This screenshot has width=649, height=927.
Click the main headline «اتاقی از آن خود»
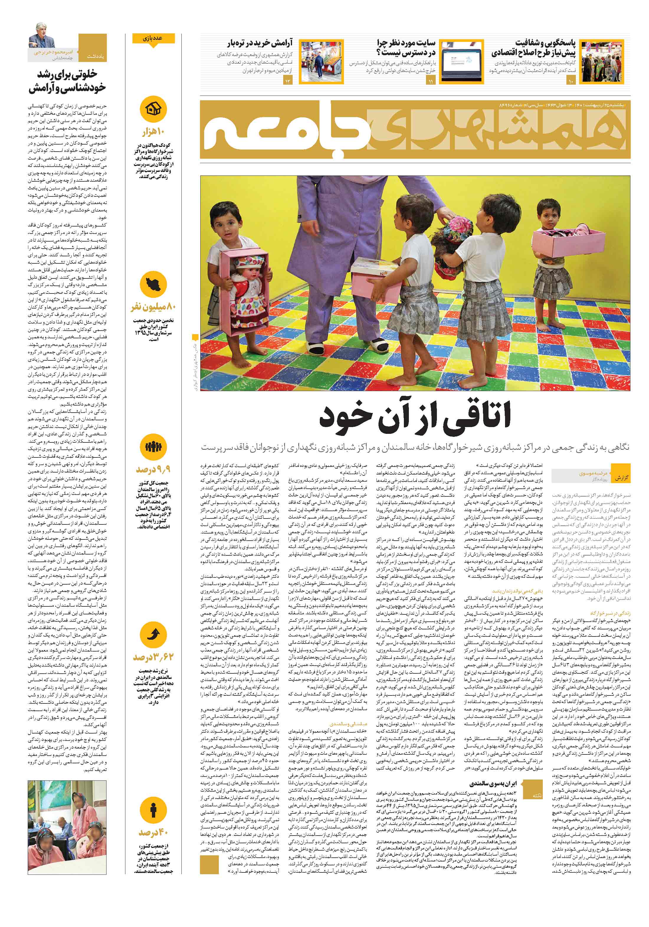point(415,417)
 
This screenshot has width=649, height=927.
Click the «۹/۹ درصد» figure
point(153,470)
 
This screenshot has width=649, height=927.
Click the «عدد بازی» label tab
point(153,38)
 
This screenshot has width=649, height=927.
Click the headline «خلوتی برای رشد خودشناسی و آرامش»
point(67,81)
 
